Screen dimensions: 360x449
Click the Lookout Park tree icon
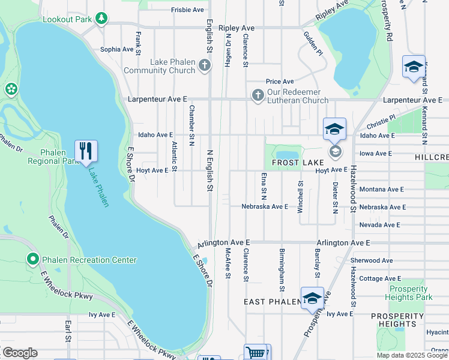click(101, 19)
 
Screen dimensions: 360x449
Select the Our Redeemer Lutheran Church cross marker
click(258, 95)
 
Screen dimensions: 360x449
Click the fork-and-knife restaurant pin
click(86, 151)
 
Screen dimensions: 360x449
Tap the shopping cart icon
click(256, 353)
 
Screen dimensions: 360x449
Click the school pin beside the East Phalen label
click(312, 299)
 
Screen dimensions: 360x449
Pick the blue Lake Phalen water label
click(99, 187)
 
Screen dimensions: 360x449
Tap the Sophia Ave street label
click(116, 50)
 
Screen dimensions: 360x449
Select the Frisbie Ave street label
click(187, 10)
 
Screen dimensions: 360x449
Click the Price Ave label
click(280, 82)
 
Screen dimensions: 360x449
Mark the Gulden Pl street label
click(313, 44)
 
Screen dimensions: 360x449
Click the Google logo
click(20, 353)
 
